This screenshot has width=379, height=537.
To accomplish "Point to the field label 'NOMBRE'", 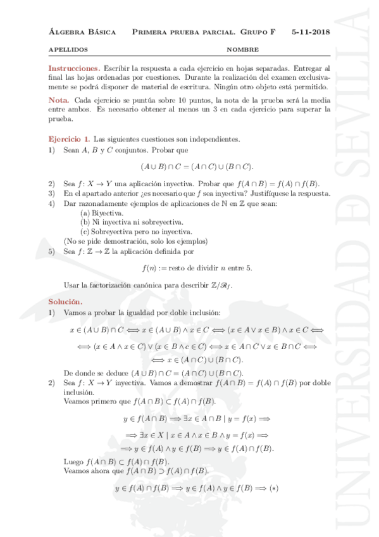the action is click(242, 49).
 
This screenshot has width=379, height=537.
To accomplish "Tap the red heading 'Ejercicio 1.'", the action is click(69, 138).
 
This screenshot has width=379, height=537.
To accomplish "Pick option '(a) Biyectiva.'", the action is click(102, 213).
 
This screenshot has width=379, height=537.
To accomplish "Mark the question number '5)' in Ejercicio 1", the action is click(53, 251).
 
